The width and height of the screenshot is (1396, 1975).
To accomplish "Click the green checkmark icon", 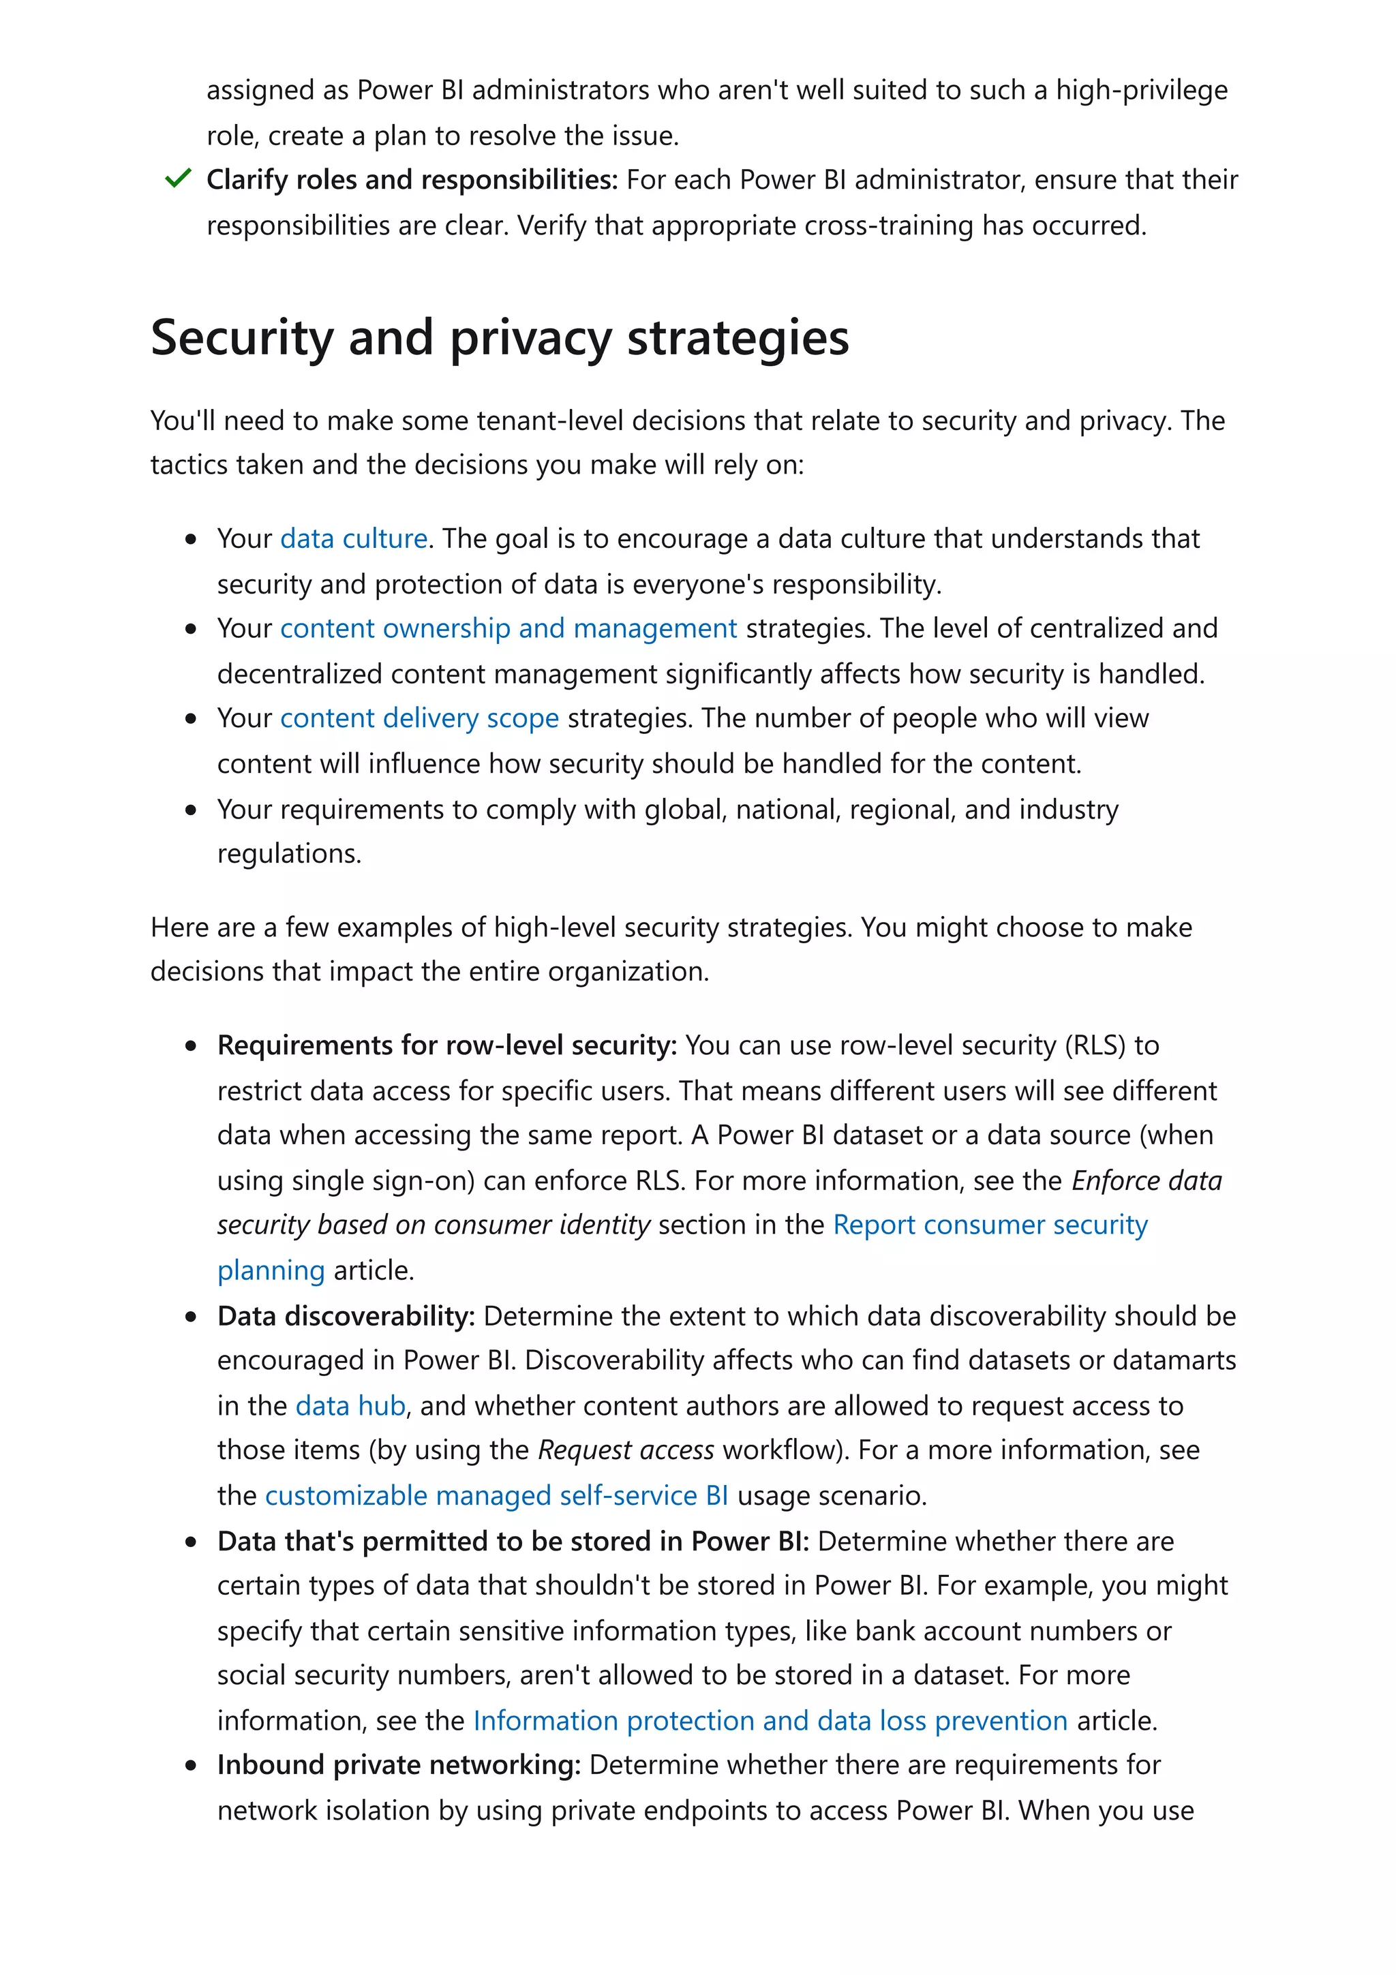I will click(x=177, y=179).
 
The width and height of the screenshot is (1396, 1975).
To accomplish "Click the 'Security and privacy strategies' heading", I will click(x=499, y=337).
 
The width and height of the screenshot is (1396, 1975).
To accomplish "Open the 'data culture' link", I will click(x=354, y=538).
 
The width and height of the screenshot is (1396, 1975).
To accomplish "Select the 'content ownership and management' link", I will click(x=509, y=629).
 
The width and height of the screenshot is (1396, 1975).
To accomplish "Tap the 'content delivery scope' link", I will click(x=419, y=718).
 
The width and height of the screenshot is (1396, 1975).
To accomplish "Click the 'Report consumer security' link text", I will click(x=990, y=1225).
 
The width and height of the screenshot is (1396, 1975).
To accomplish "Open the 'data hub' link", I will click(x=350, y=1405).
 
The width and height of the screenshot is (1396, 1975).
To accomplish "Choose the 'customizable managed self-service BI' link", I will click(x=496, y=1496).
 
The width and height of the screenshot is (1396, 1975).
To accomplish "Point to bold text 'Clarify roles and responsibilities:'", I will click(x=412, y=180).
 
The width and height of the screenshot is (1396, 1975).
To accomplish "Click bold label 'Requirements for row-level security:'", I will click(x=446, y=1045).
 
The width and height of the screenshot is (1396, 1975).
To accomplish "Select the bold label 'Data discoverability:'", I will click(x=346, y=1316).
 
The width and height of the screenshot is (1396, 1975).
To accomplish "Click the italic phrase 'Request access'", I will click(x=625, y=1450).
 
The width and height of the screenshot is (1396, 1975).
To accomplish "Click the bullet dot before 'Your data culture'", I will click(x=191, y=539).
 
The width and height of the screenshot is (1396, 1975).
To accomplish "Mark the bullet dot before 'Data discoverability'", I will click(x=191, y=1317).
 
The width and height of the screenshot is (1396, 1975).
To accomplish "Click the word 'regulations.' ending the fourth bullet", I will click(x=289, y=853).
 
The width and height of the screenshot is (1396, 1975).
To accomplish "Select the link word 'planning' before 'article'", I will click(x=271, y=1270).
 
